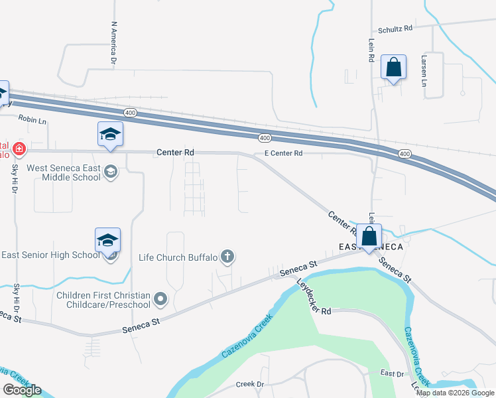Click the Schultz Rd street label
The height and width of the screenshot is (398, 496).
(x=395, y=29)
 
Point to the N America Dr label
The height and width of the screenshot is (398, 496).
(x=114, y=43)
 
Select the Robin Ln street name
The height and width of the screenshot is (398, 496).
(x=32, y=120)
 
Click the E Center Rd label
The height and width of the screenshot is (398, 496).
(x=283, y=153)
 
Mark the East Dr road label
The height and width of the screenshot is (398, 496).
(x=391, y=374)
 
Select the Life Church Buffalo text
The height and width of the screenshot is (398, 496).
(x=178, y=257)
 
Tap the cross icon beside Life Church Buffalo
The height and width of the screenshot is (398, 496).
(x=227, y=256)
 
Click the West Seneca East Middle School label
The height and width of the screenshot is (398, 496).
(x=64, y=172)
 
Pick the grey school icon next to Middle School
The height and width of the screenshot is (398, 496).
(x=111, y=172)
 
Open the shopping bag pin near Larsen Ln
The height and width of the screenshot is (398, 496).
(x=394, y=68)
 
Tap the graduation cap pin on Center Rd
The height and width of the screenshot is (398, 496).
(x=110, y=135)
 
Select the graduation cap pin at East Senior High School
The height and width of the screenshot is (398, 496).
(x=107, y=240)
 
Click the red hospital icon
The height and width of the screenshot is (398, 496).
(x=20, y=148)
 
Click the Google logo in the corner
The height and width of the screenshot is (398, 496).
(x=22, y=390)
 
